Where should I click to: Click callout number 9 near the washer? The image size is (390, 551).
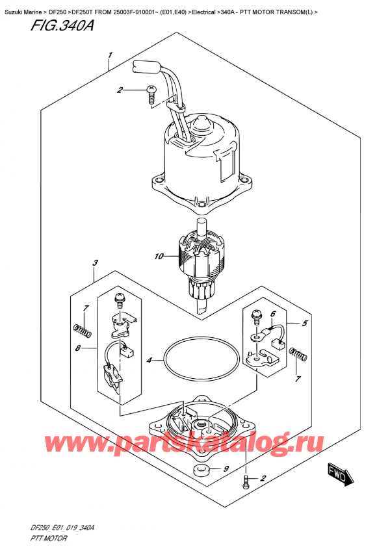226,469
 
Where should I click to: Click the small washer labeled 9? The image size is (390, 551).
203,469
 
